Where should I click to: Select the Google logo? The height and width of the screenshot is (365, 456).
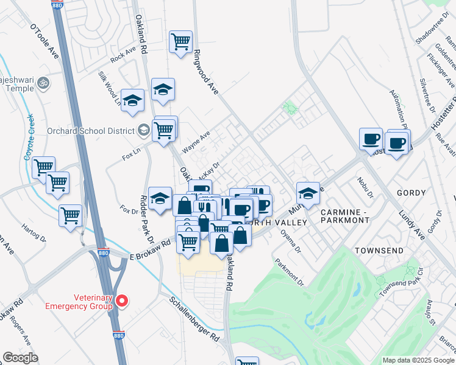(x=21, y=358)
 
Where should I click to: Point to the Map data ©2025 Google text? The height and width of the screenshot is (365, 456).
(x=418, y=360)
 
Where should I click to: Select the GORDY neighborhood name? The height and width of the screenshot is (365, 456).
(x=411, y=193)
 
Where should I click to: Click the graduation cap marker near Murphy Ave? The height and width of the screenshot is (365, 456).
(x=308, y=193)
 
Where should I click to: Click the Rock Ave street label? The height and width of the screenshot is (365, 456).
(x=123, y=55)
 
